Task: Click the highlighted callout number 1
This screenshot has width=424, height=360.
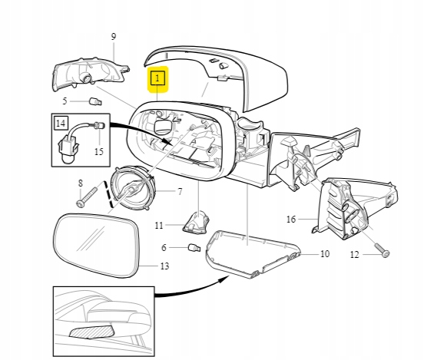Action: click(x=157, y=78)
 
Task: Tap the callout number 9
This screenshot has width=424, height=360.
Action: click(x=114, y=37)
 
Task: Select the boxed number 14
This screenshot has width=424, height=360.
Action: click(x=61, y=124)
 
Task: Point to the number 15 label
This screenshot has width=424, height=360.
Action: click(x=99, y=151)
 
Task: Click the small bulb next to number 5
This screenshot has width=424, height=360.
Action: click(x=95, y=102)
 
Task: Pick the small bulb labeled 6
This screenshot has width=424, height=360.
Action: click(x=194, y=248)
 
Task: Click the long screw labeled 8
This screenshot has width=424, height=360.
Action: click(x=87, y=197)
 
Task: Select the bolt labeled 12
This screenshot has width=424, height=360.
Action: click(x=382, y=249)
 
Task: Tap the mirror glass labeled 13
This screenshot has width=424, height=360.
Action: click(x=97, y=245)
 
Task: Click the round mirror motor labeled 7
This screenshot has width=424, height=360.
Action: click(x=132, y=188)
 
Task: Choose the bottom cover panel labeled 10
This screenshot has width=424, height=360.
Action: click(x=253, y=254)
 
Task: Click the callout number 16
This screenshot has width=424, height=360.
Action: click(x=291, y=219)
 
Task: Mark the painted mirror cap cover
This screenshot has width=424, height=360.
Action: click(x=217, y=78)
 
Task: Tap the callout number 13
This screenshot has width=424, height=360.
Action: click(x=164, y=266)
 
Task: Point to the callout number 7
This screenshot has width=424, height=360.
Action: click(x=180, y=192)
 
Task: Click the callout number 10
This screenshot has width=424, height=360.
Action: click(x=325, y=254)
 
